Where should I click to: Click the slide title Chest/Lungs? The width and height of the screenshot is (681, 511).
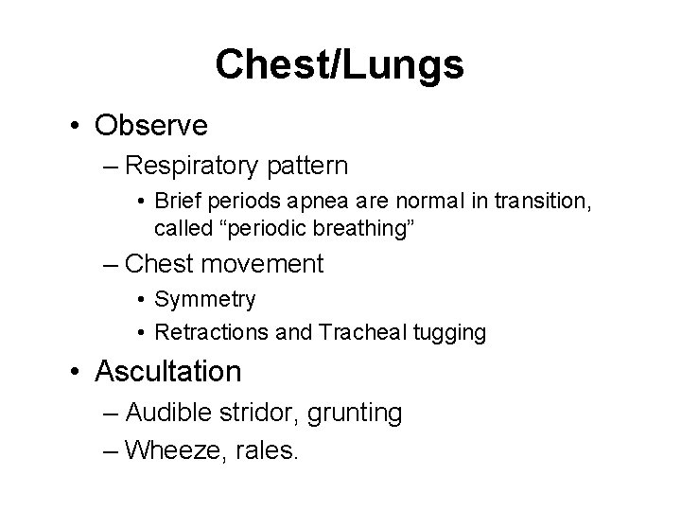click(340, 64)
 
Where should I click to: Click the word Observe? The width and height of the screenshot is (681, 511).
click(151, 124)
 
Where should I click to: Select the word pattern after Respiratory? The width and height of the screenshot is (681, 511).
click(307, 167)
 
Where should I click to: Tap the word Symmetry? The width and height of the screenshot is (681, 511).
click(204, 300)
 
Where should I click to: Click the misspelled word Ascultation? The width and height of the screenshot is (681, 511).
click(168, 371)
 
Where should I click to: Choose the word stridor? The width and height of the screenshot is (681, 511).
click(260, 413)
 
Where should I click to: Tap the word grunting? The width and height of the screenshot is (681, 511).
click(358, 413)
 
